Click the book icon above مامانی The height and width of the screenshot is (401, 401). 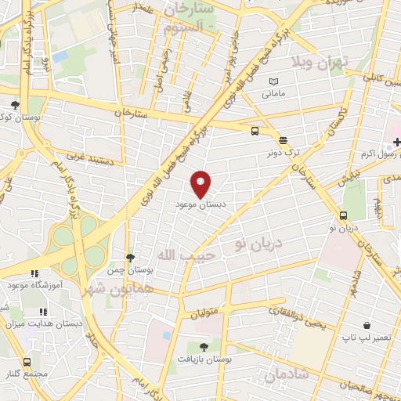(x=273, y=81)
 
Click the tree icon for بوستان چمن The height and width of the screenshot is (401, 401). (x=131, y=257)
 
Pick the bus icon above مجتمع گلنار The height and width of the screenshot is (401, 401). (x=28, y=362)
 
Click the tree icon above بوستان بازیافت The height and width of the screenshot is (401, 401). (x=204, y=345)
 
